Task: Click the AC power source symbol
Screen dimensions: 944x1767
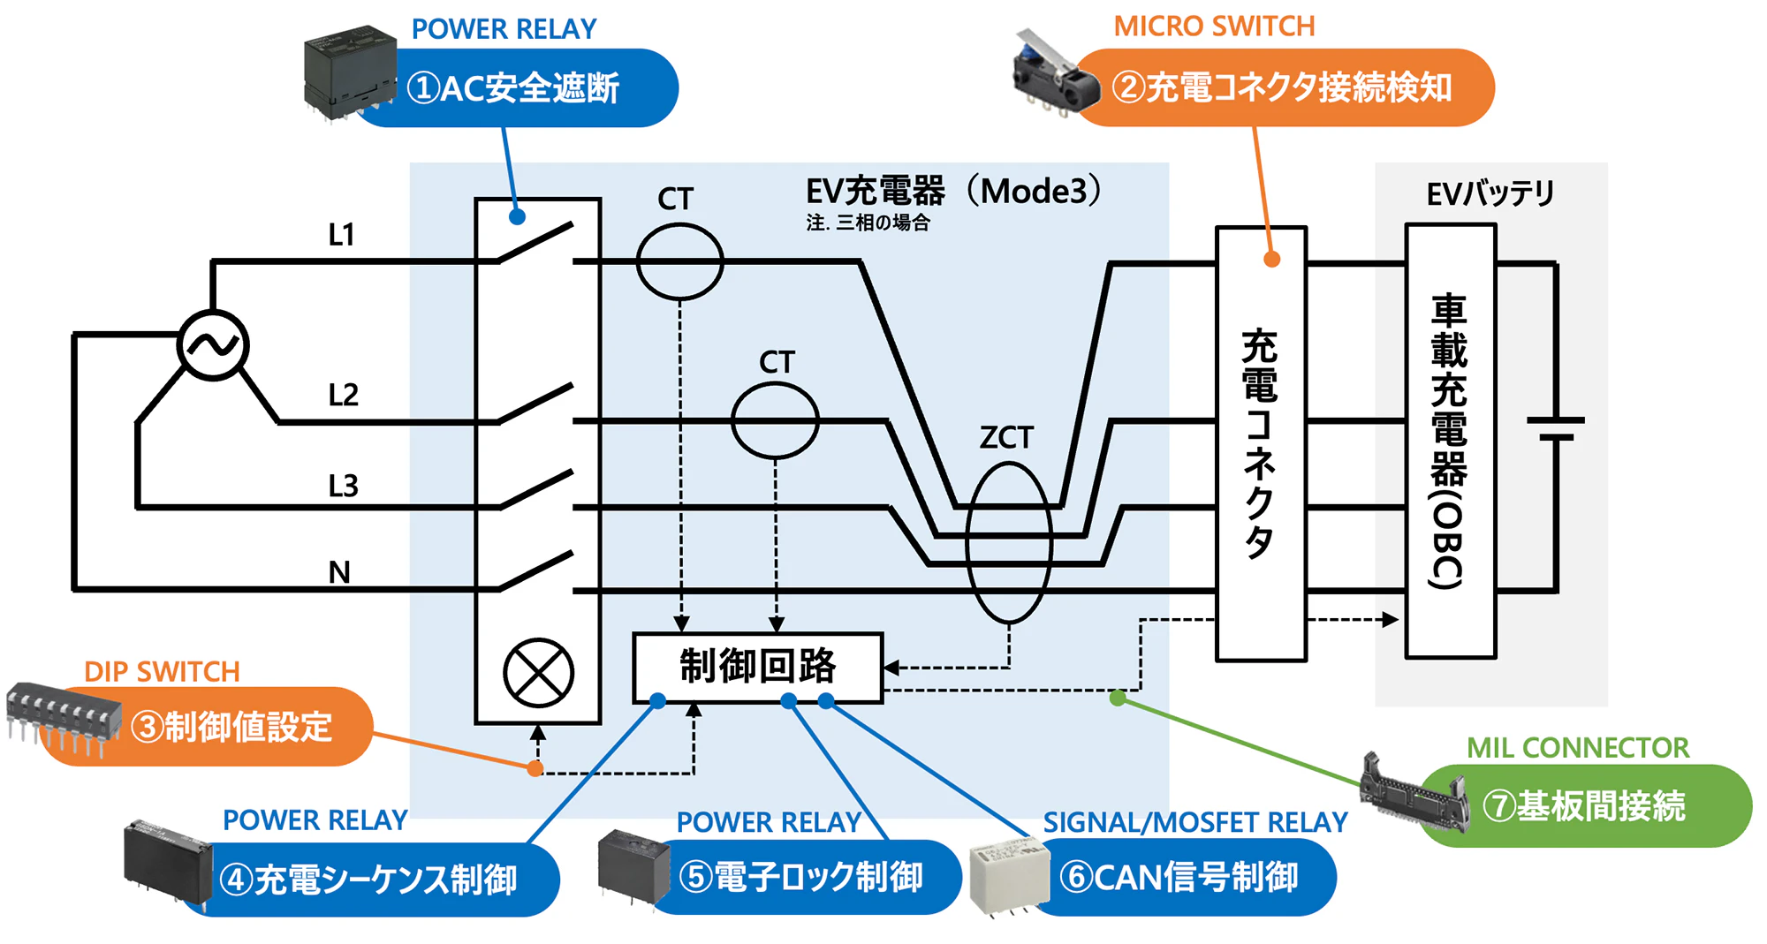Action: tap(213, 345)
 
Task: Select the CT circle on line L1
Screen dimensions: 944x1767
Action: tap(679, 261)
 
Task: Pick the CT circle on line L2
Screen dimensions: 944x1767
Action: tap(775, 420)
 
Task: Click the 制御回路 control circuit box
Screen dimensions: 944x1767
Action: tap(757, 668)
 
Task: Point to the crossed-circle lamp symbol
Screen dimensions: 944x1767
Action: tap(538, 673)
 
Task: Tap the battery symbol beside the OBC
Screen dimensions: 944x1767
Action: tap(1556, 428)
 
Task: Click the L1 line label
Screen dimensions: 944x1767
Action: tap(341, 235)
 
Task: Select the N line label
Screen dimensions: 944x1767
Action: tap(339, 572)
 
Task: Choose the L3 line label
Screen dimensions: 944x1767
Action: tap(343, 486)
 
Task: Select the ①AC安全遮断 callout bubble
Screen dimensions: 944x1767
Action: tap(521, 88)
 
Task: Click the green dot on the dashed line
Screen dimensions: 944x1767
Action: tap(1118, 699)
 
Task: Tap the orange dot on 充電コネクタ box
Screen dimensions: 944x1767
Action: tap(1271, 259)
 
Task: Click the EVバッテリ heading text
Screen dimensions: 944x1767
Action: tap(1490, 193)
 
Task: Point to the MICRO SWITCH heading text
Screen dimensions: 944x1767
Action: tap(1214, 26)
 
